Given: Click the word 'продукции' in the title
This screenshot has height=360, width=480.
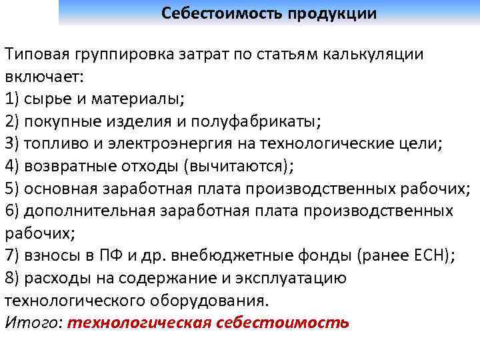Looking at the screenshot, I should point(333,13).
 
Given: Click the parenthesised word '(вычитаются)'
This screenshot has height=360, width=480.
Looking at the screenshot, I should point(237,166).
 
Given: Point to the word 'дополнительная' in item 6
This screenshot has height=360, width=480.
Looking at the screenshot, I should point(89,211).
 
